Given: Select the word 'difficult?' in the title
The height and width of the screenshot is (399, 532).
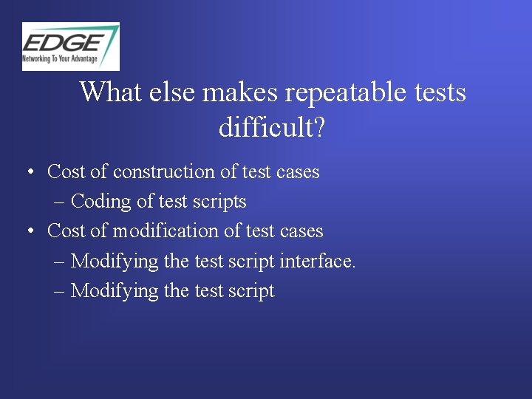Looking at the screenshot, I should click(272, 128).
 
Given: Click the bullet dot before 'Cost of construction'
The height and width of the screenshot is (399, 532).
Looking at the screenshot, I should click(30, 172).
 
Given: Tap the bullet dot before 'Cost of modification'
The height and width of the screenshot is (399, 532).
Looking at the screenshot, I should click(30, 232).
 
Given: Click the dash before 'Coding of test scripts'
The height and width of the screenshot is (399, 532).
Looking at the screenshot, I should click(60, 202).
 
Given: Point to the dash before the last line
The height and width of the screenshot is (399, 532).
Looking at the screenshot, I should click(60, 291).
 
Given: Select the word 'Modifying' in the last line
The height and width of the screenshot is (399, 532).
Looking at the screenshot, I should click(115, 290).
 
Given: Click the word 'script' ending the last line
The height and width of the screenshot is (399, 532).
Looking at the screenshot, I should click(250, 291).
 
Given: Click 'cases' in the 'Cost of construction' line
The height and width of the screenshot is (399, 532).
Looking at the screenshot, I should click(298, 172).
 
